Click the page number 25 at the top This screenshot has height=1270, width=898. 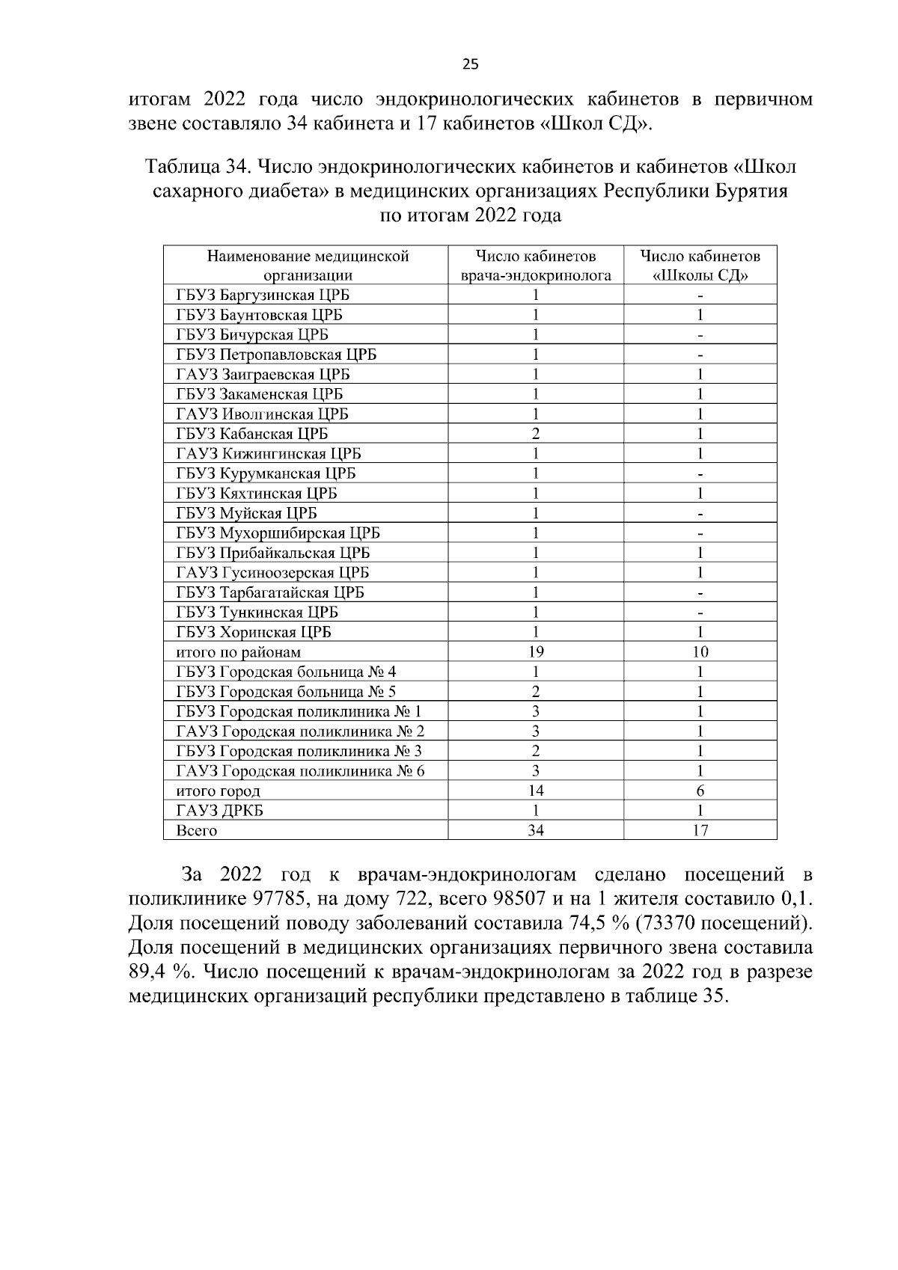(x=470, y=64)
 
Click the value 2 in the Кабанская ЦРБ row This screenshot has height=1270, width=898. (x=536, y=434)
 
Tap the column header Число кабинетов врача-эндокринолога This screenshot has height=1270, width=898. (x=536, y=266)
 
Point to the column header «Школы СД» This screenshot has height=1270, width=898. (x=700, y=266)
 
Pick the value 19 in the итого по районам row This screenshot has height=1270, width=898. (x=536, y=652)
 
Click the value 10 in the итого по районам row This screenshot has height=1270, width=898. (x=700, y=652)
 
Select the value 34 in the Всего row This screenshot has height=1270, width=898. (x=536, y=831)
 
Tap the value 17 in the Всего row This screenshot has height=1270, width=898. (x=700, y=831)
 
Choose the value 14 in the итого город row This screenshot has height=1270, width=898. (x=536, y=791)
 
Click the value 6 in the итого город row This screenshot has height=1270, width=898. (x=700, y=791)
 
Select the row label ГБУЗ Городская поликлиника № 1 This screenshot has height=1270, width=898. (x=299, y=712)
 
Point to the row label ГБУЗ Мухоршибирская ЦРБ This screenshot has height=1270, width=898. (x=278, y=533)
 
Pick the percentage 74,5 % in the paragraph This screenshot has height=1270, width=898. (x=594, y=923)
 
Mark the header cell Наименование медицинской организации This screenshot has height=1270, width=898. (x=308, y=266)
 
